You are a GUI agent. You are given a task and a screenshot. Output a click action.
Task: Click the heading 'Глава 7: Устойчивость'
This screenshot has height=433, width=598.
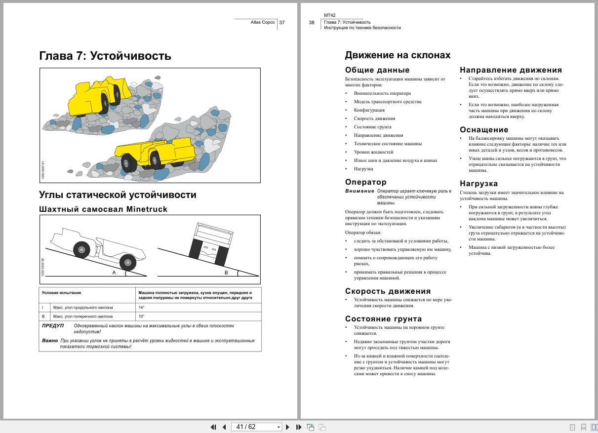105,56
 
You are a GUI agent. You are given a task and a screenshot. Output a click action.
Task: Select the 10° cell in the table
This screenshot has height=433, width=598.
141,316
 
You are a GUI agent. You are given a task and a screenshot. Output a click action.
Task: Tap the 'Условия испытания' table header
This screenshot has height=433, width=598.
62,293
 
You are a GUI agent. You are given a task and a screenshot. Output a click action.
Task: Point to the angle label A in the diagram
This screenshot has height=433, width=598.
114,273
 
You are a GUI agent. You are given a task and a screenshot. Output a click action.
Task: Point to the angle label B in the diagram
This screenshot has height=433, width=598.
226,273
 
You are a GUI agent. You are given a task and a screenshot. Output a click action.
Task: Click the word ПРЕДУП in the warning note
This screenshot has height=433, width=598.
53,326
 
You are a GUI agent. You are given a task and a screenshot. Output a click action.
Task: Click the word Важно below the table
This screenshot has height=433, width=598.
50,341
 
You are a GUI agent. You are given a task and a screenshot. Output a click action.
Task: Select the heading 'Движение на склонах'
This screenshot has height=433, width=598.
398,55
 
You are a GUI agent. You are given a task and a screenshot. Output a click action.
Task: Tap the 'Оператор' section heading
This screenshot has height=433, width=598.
365,182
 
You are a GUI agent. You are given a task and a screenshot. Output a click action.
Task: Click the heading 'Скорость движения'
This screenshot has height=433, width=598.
388,291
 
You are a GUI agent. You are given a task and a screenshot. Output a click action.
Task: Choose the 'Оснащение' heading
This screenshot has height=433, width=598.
484,130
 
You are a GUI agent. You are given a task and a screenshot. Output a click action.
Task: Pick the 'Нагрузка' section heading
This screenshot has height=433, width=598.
478,184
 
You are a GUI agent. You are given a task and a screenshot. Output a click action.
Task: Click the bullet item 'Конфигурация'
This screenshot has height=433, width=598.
369,110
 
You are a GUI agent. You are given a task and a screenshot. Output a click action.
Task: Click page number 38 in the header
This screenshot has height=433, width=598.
312,22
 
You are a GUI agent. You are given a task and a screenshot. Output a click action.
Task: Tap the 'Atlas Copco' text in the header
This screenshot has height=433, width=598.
263,22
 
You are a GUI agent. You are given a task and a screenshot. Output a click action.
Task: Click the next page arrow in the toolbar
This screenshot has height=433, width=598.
287,427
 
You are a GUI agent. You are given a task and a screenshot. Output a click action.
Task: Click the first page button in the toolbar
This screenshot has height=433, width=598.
213,427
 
